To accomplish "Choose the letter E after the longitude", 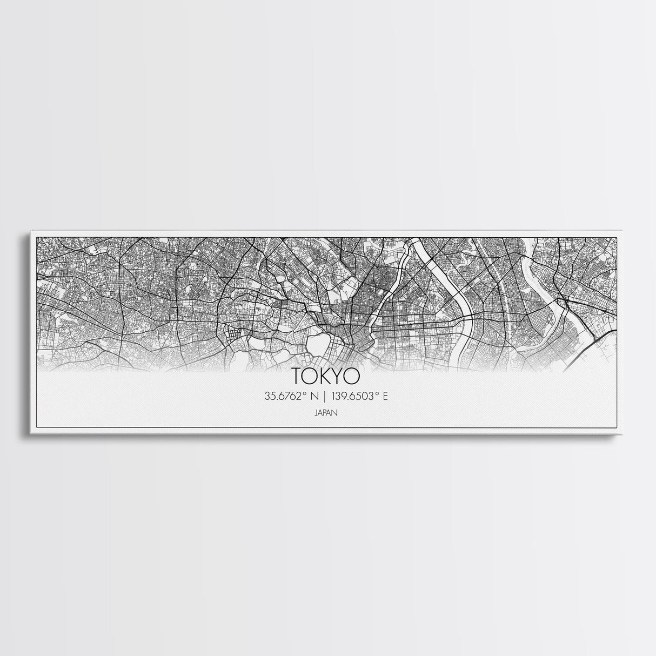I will pyautogui.click(x=385, y=397).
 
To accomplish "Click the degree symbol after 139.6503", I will pyautogui.click(x=378, y=394).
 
